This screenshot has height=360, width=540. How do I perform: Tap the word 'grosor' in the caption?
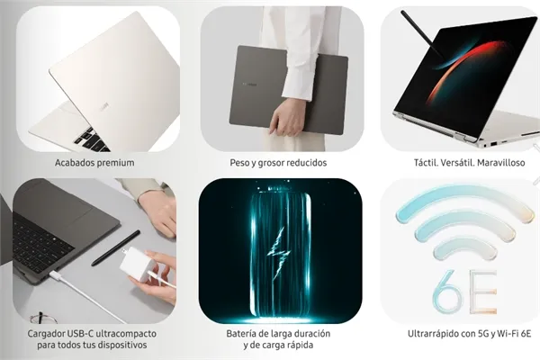(268, 163)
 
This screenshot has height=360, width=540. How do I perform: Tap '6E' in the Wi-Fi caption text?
(526, 334)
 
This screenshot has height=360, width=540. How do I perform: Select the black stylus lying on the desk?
(116, 247)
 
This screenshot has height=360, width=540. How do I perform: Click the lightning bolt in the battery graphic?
(279, 253)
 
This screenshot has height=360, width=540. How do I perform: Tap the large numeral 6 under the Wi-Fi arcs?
(447, 292)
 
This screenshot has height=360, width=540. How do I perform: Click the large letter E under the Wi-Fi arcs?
(483, 292)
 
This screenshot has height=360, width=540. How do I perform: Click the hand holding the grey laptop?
(288, 117)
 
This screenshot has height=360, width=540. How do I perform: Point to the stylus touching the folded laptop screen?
(422, 34)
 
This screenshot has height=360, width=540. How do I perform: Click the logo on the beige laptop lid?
(104, 107)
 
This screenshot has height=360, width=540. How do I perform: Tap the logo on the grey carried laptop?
(249, 84)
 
